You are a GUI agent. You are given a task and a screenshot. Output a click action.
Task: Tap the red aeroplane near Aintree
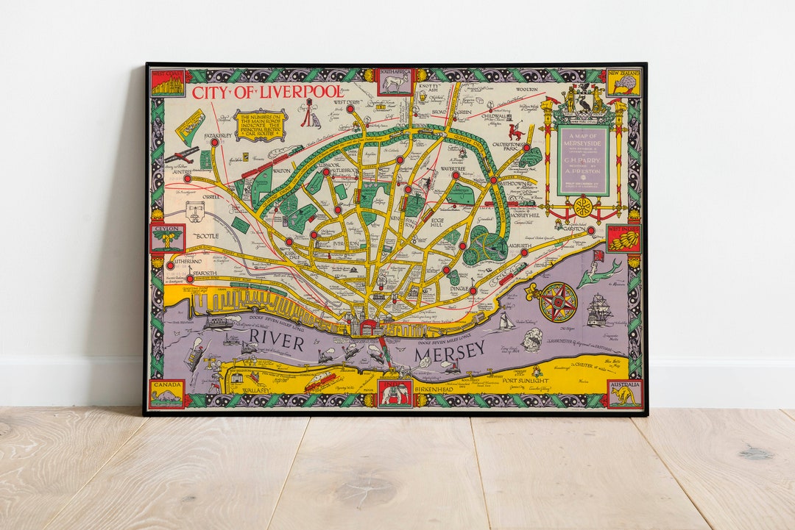point(181,155)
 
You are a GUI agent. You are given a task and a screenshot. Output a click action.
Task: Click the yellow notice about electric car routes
point(261,124)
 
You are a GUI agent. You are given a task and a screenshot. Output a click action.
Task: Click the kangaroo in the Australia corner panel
point(624,396)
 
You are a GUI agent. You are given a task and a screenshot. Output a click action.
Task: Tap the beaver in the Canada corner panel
point(166,397)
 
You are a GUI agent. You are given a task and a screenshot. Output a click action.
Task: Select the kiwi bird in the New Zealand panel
point(624,82)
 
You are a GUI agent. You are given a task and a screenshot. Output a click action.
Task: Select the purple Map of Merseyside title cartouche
point(583,160)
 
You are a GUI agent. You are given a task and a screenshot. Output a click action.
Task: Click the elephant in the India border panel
point(395,395)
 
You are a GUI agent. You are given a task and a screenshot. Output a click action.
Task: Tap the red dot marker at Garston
point(590,229)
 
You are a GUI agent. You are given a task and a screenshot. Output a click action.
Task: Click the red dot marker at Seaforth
point(189,279)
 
